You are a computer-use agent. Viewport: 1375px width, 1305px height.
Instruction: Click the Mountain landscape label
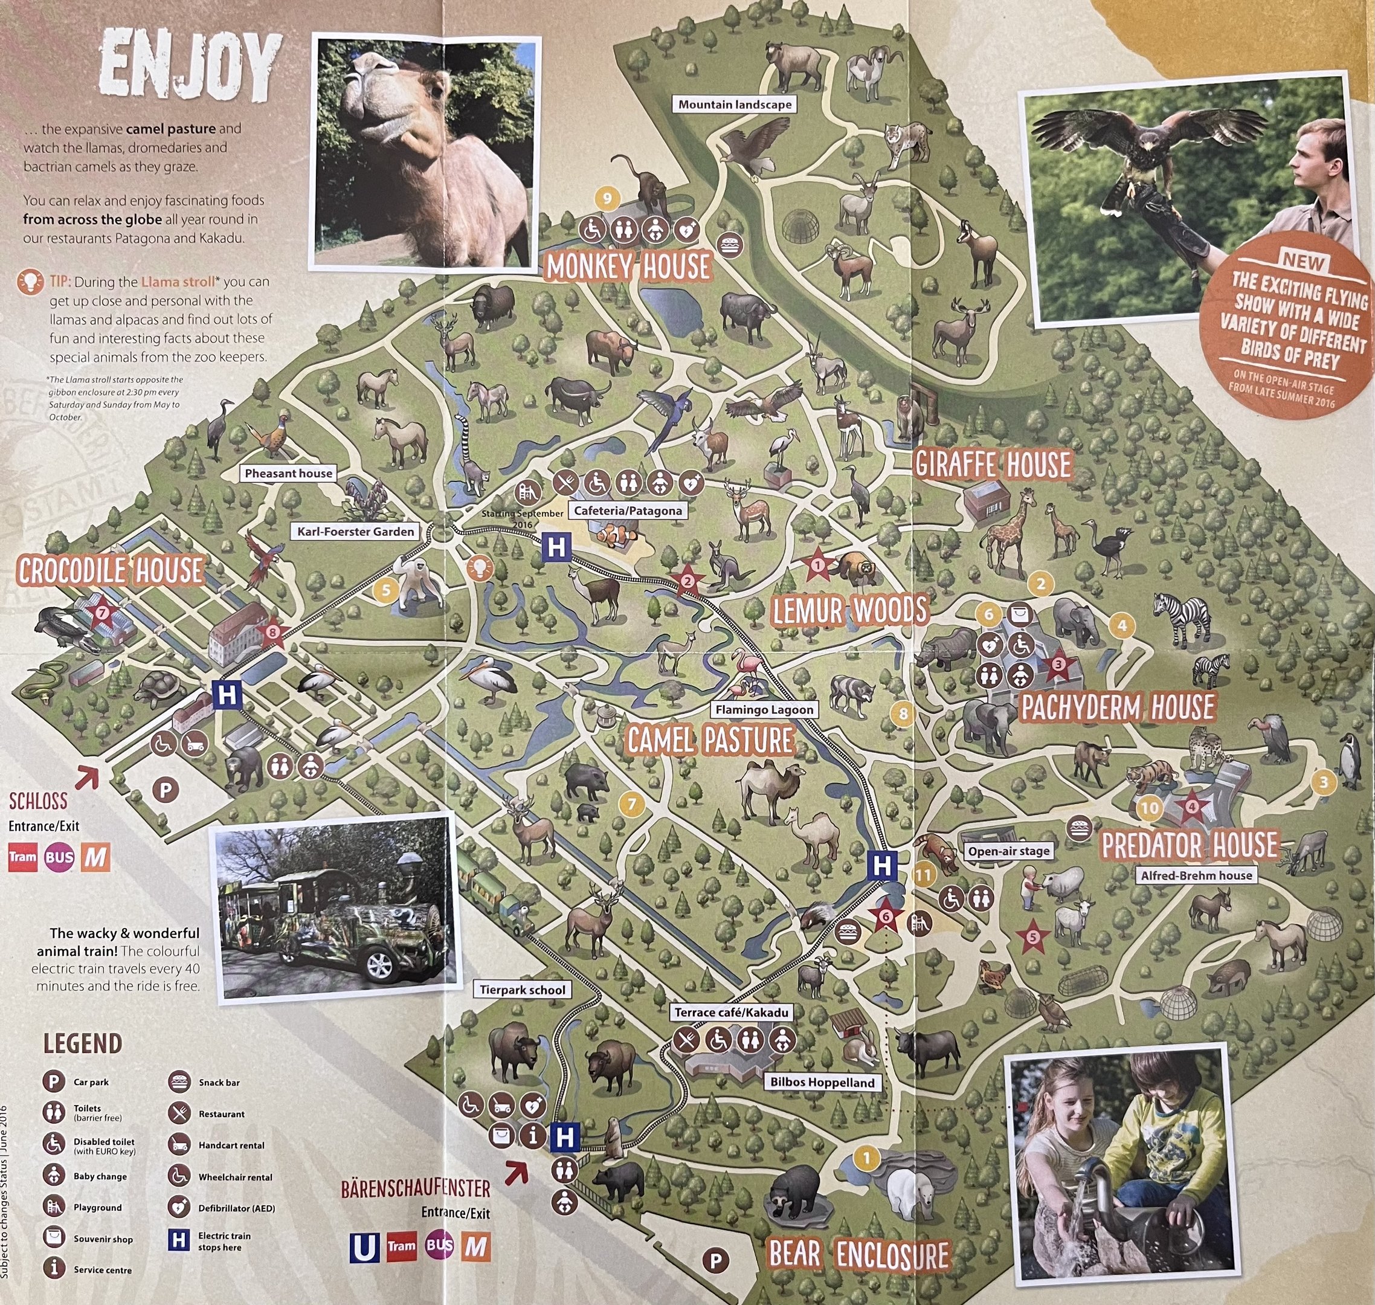(x=735, y=105)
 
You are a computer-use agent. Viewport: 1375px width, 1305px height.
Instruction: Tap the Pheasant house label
(x=288, y=473)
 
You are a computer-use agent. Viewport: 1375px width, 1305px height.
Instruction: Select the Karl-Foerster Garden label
(x=355, y=532)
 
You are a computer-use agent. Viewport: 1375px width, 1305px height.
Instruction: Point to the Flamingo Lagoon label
(x=764, y=709)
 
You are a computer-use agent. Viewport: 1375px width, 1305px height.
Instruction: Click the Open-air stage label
(x=1008, y=851)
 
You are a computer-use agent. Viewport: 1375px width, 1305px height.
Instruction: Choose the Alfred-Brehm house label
(x=1196, y=875)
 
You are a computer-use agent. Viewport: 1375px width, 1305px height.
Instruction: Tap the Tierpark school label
(x=523, y=990)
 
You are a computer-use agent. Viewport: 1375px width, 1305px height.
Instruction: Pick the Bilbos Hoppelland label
(x=822, y=1083)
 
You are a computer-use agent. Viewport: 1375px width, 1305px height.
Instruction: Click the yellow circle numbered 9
(x=607, y=199)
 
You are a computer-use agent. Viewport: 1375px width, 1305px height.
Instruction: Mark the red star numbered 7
(x=103, y=613)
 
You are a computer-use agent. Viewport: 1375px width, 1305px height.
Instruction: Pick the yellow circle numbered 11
(x=924, y=875)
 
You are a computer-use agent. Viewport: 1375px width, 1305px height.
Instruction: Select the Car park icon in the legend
(x=54, y=1081)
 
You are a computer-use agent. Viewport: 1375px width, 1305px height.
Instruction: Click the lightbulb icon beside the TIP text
(x=31, y=282)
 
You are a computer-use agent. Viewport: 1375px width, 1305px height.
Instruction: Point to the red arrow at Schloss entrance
(x=87, y=778)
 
